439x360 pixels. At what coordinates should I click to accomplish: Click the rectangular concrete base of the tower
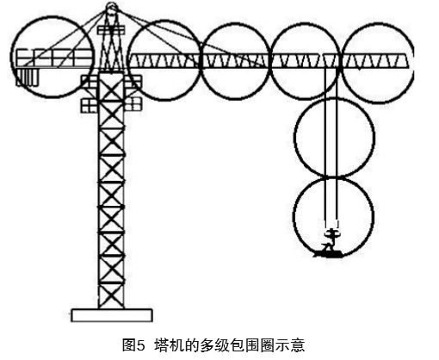tap(112, 315)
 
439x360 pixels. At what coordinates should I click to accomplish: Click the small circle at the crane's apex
tap(111, 6)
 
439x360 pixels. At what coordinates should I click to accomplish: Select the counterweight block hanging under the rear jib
tap(27, 77)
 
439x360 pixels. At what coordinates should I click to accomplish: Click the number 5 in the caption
tap(140, 344)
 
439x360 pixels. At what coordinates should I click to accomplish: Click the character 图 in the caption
tap(129, 344)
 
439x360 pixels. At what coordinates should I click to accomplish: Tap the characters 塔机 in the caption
tap(169, 344)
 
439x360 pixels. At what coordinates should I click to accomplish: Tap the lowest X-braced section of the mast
tap(111, 295)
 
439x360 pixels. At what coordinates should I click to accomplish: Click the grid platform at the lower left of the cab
tap(89, 105)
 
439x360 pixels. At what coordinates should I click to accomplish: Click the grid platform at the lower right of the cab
tap(133, 104)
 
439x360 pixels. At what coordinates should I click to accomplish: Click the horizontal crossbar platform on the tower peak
tap(111, 30)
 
